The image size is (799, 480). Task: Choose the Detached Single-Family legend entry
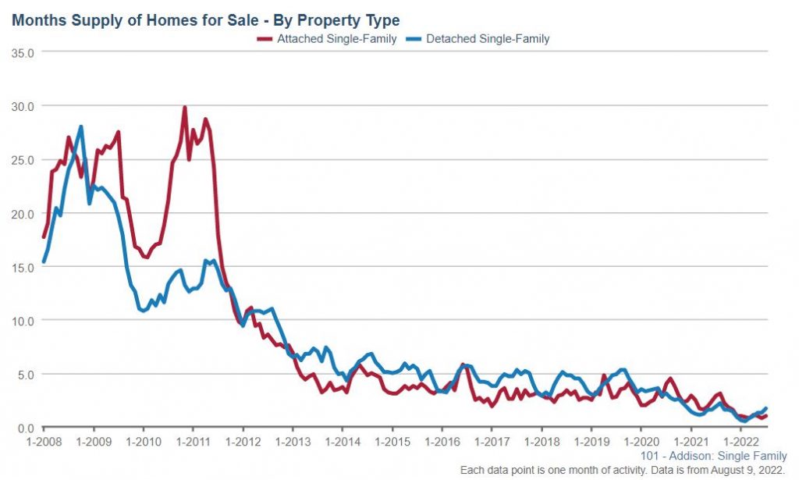point(487,38)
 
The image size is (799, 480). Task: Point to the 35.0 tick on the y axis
point(23,52)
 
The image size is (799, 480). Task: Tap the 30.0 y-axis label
point(23,106)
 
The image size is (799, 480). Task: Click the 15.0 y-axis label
point(23,268)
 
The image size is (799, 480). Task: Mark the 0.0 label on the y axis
point(27,428)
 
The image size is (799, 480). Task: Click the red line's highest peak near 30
point(184,108)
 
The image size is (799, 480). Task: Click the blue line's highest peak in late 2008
point(80,126)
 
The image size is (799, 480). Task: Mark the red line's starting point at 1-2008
point(44,236)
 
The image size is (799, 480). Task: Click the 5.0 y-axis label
point(27,375)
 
